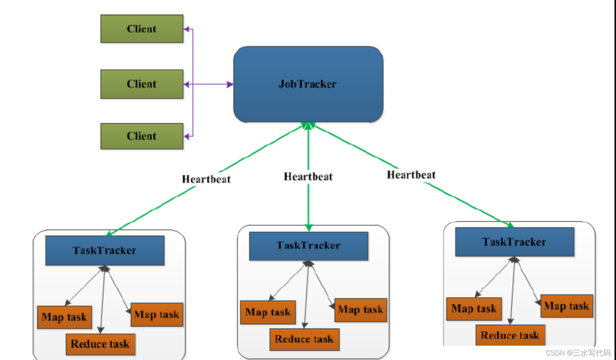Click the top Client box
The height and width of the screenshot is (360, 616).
142,29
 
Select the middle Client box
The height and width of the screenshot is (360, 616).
142,84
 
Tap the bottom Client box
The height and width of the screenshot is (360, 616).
142,136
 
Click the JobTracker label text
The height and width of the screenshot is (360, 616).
308,84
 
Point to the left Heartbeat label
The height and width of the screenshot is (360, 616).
206,179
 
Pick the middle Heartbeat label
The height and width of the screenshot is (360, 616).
308,177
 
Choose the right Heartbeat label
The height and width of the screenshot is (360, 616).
411,175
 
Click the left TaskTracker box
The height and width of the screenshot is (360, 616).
105,250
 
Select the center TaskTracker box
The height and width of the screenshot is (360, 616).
308,246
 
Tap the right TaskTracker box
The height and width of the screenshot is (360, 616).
514,242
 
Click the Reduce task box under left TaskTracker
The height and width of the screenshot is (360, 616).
101,344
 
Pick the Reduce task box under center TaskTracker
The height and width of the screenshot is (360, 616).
305,339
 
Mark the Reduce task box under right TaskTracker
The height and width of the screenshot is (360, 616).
510,335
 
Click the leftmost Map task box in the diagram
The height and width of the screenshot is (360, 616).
64,317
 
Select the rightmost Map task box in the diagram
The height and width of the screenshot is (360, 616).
567,306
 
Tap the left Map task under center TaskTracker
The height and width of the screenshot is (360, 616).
268,312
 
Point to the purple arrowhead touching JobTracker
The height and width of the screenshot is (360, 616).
230,84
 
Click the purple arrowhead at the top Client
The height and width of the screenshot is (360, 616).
187,29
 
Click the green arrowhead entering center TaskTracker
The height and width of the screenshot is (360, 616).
308,228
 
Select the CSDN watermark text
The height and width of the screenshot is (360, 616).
578,353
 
